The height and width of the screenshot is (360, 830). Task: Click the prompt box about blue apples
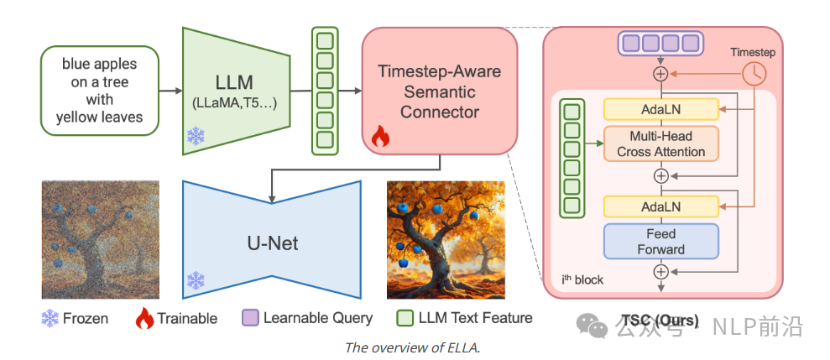pyautogui.click(x=99, y=91)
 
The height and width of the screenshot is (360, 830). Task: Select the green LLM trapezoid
pyautogui.click(x=236, y=91)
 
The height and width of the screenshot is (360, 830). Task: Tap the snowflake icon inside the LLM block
pyautogui.click(x=196, y=136)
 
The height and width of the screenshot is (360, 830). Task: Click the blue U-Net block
pyautogui.click(x=271, y=243)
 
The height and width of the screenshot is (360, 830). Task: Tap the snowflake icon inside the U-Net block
pyautogui.click(x=196, y=280)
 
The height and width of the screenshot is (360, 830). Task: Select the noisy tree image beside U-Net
pyautogui.click(x=100, y=239)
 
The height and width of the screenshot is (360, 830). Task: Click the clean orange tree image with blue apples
pyautogui.click(x=446, y=239)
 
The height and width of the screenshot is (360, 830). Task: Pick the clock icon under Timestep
pyautogui.click(x=754, y=74)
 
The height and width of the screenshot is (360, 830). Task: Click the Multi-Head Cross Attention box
pyautogui.click(x=661, y=143)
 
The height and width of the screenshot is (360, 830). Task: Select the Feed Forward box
pyautogui.click(x=661, y=241)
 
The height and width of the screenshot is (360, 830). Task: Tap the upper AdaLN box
pyautogui.click(x=661, y=109)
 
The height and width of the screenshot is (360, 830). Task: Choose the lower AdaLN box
pyautogui.click(x=661, y=206)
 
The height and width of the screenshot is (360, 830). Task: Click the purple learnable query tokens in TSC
pyautogui.click(x=661, y=44)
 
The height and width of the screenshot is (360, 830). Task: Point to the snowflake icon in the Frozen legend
pyautogui.click(x=51, y=318)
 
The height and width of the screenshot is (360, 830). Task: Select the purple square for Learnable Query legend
pyautogui.click(x=248, y=318)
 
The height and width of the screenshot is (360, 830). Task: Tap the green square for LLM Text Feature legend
pyautogui.click(x=405, y=318)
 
